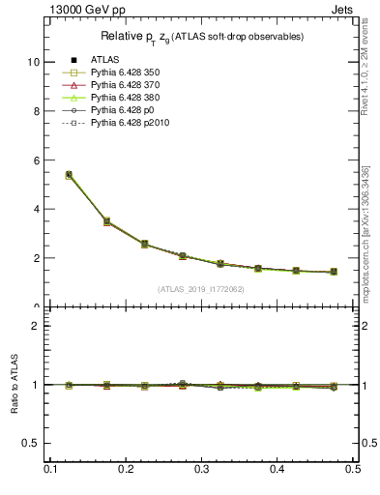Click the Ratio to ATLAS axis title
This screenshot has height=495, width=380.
(x=13, y=385)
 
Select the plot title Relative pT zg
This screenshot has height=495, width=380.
(x=202, y=37)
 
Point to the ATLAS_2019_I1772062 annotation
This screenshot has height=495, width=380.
(x=201, y=289)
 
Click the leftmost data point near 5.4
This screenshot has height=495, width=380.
(x=69, y=175)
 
